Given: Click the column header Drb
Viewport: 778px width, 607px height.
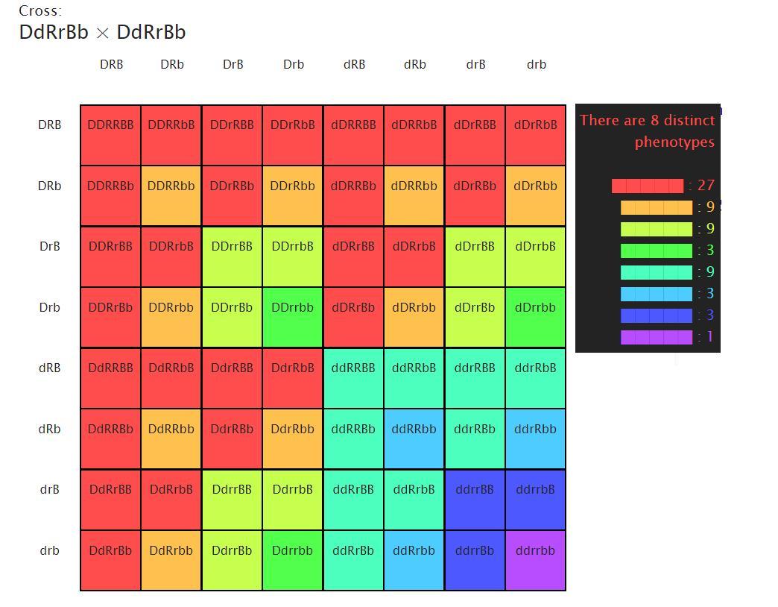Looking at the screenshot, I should point(294,65).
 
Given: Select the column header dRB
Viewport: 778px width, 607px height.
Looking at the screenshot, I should point(354,65).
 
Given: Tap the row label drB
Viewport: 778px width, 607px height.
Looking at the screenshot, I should point(49,490).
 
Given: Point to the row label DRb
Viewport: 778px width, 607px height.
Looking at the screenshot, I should point(49,186).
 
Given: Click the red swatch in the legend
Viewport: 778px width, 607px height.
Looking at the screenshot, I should point(647,186).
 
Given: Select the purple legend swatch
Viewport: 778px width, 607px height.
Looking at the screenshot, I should point(656,337).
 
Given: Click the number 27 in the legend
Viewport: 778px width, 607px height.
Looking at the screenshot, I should point(706,186).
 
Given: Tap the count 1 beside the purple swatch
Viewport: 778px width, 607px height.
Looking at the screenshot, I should point(710,337).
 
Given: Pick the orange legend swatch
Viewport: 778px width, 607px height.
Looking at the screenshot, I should point(656,207).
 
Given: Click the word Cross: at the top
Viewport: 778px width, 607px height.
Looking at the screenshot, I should point(40,11).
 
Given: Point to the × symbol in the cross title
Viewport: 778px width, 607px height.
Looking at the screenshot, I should point(103,33).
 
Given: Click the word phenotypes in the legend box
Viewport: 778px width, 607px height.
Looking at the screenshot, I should point(674,142).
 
